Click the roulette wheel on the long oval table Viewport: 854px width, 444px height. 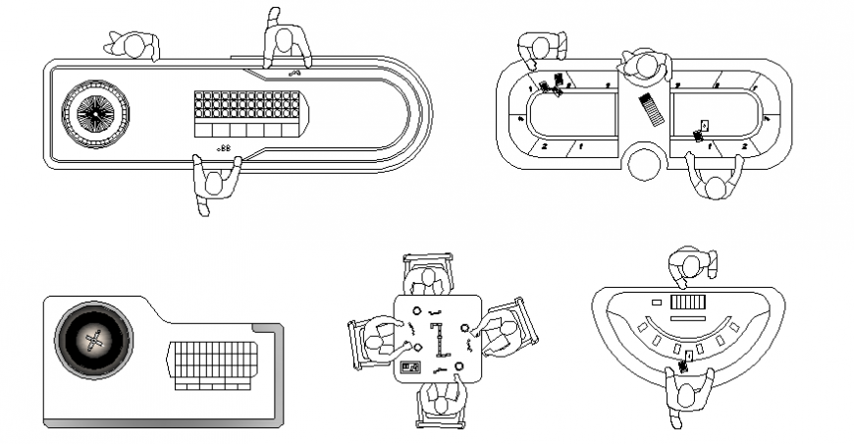click(94, 114)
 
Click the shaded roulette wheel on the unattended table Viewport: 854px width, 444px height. click(93, 341)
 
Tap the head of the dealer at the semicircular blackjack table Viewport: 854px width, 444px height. click(691, 265)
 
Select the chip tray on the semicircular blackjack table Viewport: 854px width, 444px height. click(687, 304)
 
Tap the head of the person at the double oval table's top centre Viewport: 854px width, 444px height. click(646, 66)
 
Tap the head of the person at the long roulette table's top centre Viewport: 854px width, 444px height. click(286, 42)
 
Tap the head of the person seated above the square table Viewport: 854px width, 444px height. click(429, 281)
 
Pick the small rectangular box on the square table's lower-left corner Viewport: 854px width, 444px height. click(410, 369)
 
